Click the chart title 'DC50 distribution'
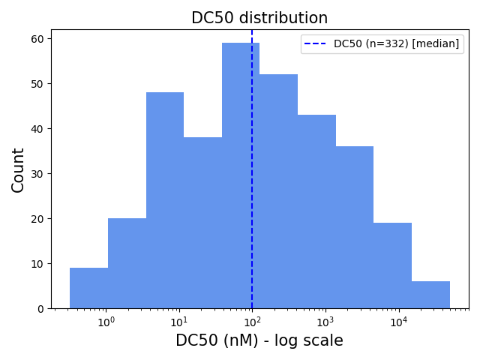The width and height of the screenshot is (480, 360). (x=259, y=18)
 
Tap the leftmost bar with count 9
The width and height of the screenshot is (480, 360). (x=88, y=288)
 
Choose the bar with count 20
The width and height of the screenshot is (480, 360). (x=127, y=263)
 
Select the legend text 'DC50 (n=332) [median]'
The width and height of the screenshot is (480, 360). (x=396, y=44)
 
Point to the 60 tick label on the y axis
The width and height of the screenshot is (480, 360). (x=37, y=39)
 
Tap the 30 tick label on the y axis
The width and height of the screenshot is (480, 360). (x=37, y=174)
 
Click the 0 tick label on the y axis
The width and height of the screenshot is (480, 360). (x=40, y=309)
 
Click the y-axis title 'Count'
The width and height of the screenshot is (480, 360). (x=19, y=169)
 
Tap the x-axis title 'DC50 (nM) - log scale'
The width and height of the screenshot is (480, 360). (x=259, y=340)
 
